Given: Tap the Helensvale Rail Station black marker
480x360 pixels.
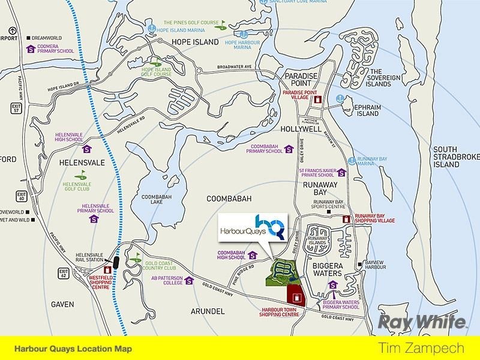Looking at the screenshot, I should coord(115,262).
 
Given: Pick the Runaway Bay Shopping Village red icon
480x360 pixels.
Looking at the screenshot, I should coord(346,220).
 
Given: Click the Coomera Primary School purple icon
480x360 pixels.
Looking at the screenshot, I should coord(30,50).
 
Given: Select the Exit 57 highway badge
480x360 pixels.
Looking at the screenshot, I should coord(17,108).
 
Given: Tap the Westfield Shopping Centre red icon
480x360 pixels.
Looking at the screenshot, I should coord(107,271).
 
